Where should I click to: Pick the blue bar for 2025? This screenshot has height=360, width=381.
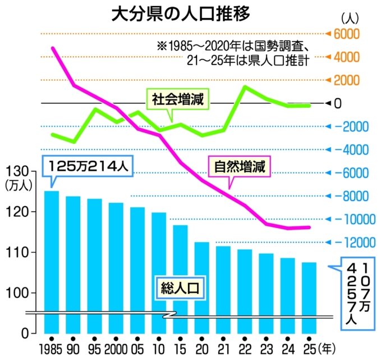tap(309, 297)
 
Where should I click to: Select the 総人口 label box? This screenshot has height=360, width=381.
tap(178, 289)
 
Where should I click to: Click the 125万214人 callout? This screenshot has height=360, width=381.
tap(88, 166)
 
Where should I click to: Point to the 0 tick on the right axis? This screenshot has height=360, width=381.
tap(338, 103)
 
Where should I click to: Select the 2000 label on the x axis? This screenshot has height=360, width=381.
tap(116, 348)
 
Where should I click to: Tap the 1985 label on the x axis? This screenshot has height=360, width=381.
tap(51, 348)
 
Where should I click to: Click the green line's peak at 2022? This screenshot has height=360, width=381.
tap(245, 86)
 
